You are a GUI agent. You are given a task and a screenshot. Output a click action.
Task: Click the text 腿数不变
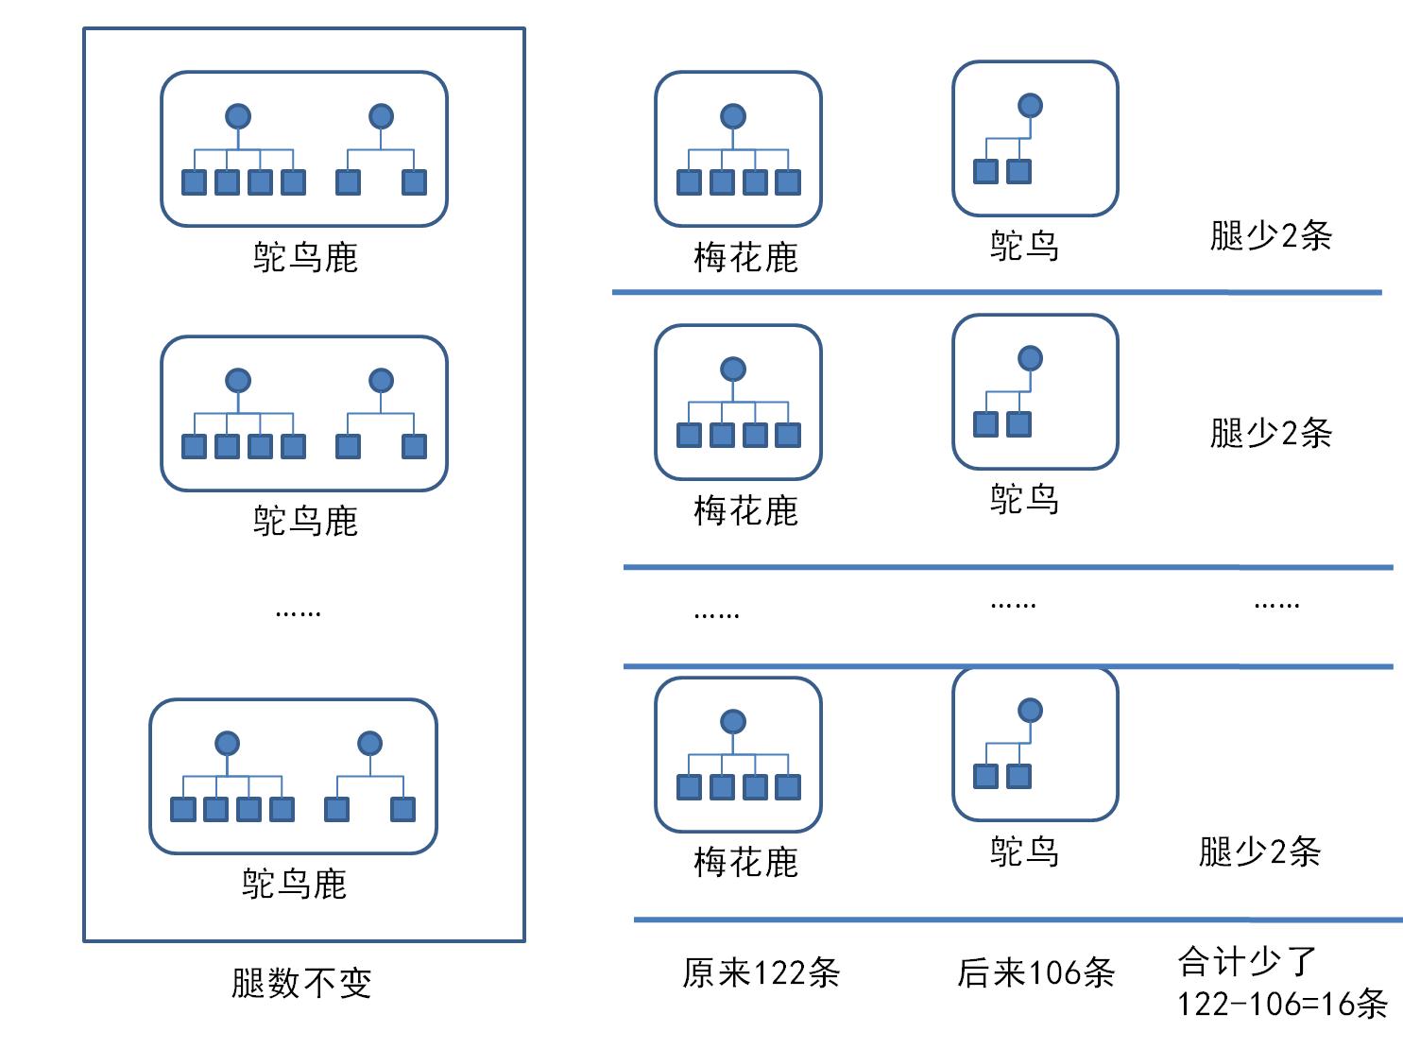click(x=301, y=983)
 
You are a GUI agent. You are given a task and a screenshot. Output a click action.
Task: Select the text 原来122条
click(x=761, y=972)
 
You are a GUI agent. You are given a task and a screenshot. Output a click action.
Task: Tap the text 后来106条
click(x=1035, y=972)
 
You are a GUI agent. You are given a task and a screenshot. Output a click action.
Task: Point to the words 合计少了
click(x=1247, y=962)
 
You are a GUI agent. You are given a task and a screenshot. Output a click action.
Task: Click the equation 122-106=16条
click(x=1281, y=1004)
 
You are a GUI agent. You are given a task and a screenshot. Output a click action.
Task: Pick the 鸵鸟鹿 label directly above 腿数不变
click(x=295, y=884)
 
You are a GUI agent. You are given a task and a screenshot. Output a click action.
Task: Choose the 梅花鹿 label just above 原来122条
click(x=745, y=862)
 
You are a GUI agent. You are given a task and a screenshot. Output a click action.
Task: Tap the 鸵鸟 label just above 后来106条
click(x=1024, y=851)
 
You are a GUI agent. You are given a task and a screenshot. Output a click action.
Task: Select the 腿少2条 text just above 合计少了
click(x=1259, y=851)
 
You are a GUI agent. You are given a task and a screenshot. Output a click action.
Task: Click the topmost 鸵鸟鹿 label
click(x=305, y=257)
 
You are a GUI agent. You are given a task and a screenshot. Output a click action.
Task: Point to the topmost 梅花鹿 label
click(x=745, y=257)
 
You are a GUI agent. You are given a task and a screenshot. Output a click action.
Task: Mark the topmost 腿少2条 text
click(x=1271, y=235)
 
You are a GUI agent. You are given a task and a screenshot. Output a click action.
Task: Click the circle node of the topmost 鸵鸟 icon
click(x=1030, y=105)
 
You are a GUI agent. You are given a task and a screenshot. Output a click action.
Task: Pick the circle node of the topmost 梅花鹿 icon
click(x=733, y=116)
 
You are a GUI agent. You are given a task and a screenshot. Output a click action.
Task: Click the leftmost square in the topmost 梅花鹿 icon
click(x=690, y=181)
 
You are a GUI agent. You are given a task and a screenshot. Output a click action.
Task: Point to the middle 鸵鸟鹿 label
click(x=305, y=521)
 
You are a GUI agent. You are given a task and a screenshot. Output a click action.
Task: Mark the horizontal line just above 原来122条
click(x=1018, y=919)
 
